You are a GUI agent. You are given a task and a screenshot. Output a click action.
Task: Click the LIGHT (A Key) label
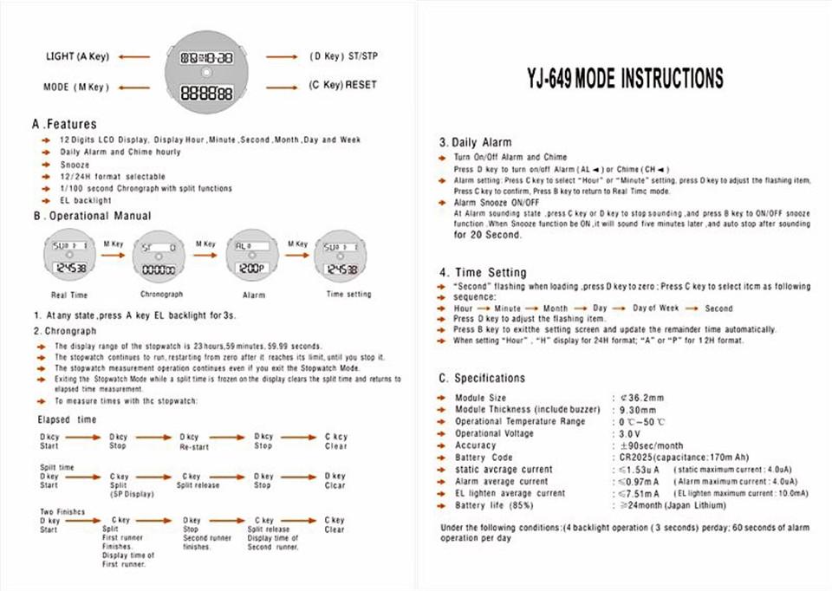click(x=77, y=56)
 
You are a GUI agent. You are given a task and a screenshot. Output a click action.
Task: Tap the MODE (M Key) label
click(x=76, y=87)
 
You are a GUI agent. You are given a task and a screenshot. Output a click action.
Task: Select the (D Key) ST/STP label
click(x=344, y=56)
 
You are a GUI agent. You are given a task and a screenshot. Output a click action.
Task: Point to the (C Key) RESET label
click(x=342, y=86)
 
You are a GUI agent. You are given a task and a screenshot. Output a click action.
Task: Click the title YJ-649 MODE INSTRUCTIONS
click(x=624, y=79)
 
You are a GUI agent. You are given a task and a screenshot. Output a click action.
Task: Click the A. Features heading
click(x=65, y=124)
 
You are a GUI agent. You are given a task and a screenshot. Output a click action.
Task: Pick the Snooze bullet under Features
click(x=75, y=164)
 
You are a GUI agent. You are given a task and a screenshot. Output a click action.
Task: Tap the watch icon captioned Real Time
click(x=69, y=258)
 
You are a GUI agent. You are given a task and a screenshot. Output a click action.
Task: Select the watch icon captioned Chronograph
click(x=159, y=258)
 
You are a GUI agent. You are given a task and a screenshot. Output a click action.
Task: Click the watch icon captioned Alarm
click(x=251, y=258)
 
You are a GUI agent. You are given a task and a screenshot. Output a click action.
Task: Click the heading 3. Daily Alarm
click(x=475, y=142)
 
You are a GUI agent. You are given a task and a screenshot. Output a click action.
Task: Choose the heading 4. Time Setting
click(x=483, y=272)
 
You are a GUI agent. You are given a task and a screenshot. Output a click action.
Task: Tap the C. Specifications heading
click(x=482, y=378)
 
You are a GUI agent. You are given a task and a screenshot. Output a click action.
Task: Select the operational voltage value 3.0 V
click(x=629, y=433)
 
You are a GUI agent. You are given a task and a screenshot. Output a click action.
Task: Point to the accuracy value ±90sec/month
click(x=647, y=445)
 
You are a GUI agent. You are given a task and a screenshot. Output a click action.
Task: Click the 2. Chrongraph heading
click(x=65, y=331)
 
